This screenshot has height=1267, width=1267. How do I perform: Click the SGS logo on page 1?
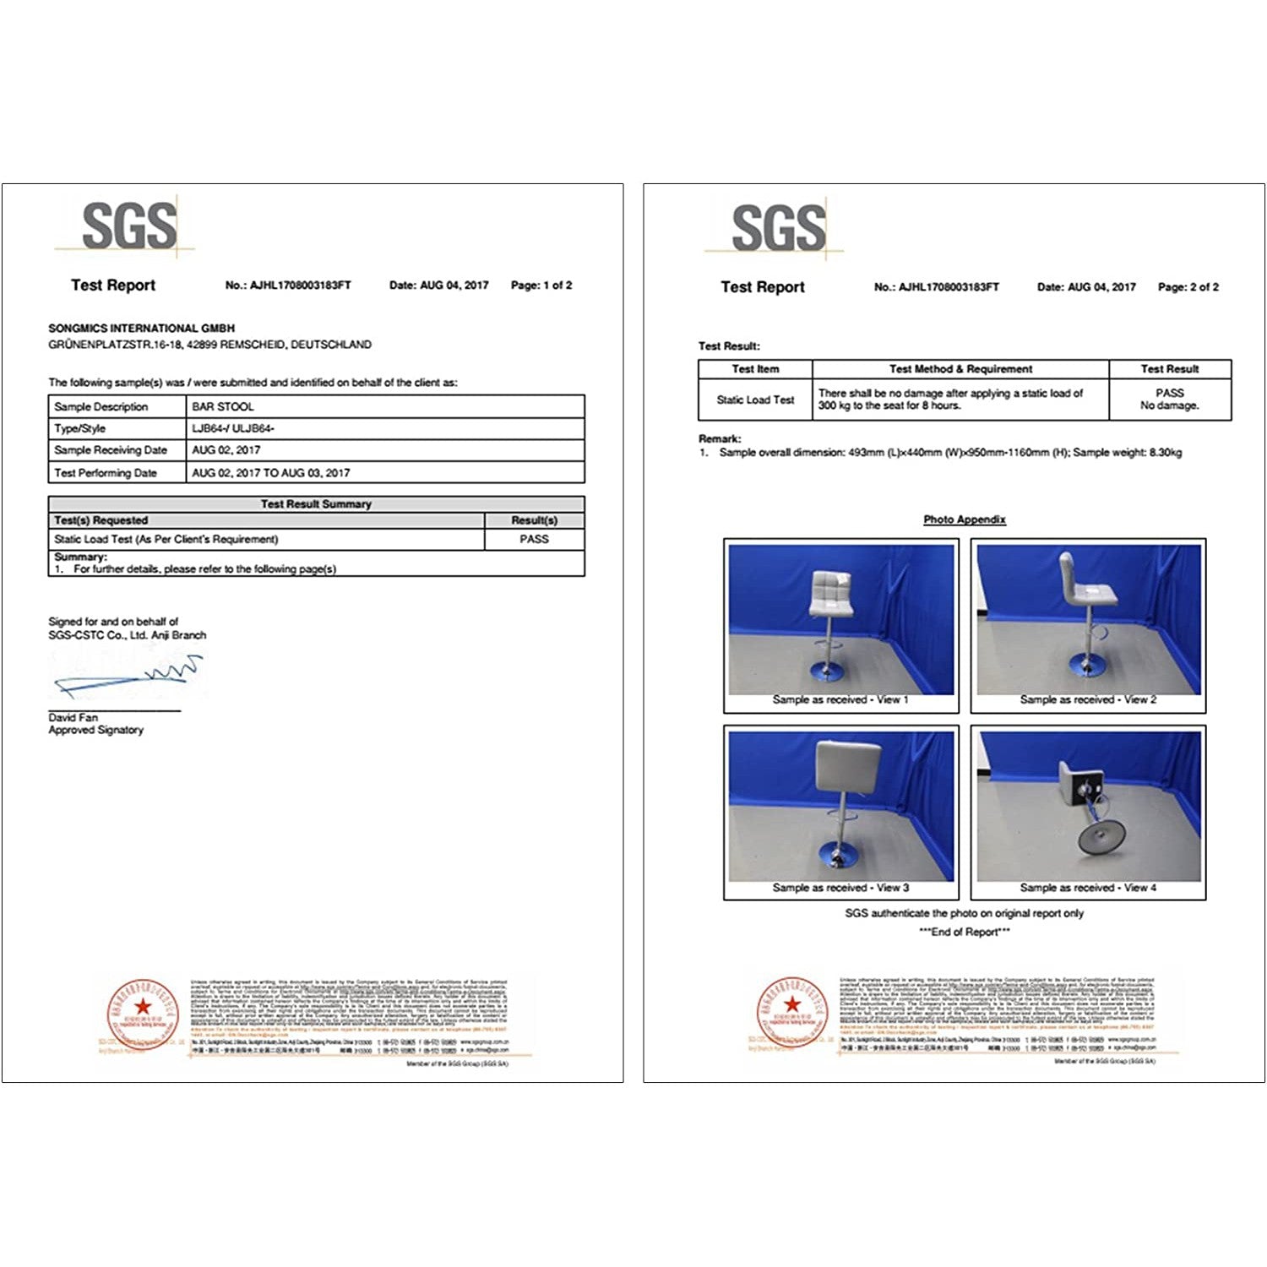point(129,226)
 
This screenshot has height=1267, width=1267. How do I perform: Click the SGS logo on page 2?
point(778,227)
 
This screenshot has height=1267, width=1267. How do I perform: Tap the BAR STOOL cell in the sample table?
point(223,406)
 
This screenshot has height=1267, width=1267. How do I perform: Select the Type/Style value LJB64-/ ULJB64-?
point(233,428)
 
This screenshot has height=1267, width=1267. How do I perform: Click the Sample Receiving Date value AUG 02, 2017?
point(226,450)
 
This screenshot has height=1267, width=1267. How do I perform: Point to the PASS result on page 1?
point(534,539)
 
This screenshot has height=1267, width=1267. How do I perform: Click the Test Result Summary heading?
point(316,503)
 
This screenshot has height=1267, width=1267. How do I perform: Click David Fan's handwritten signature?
point(131,675)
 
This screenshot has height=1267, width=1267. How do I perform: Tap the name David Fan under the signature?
point(73,717)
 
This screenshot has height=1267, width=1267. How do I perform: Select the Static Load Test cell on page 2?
point(755,400)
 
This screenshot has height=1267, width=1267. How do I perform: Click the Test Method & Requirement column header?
point(960,369)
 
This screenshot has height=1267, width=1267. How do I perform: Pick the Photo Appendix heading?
point(964,519)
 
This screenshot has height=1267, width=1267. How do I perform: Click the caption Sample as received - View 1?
point(840,699)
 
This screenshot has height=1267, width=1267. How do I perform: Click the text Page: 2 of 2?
point(1188,287)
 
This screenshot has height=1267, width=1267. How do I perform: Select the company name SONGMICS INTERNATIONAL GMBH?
point(141,328)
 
